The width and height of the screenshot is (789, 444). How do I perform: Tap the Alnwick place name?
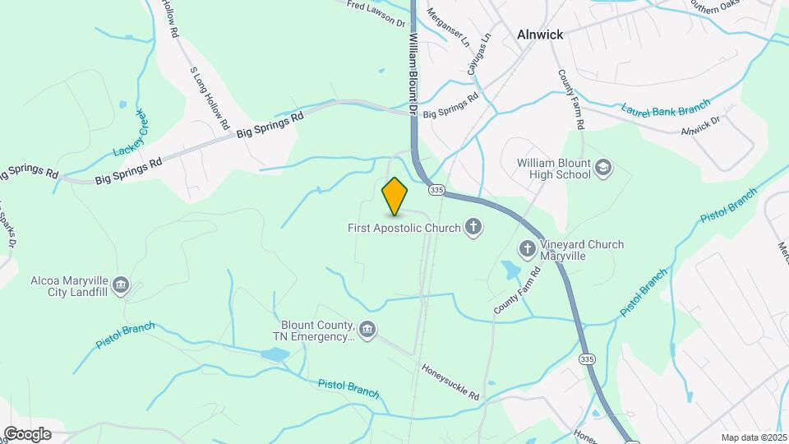pos(540,35)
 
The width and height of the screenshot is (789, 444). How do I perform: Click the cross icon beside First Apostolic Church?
pos(473,226)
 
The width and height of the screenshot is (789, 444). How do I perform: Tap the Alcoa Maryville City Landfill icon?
pos(122,285)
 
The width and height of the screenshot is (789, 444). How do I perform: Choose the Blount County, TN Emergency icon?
pos(367,330)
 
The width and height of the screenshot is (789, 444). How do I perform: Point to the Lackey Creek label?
pos(131,132)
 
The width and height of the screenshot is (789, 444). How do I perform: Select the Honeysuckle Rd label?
pos(450,382)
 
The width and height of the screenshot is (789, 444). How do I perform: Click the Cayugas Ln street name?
pos(479,54)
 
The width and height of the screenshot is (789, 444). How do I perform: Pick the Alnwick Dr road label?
pos(700,125)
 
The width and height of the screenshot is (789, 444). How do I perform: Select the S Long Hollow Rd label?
pos(209,99)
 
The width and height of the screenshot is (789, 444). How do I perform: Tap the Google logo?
pos(26,433)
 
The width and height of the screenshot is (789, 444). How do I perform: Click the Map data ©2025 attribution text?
pos(752,437)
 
